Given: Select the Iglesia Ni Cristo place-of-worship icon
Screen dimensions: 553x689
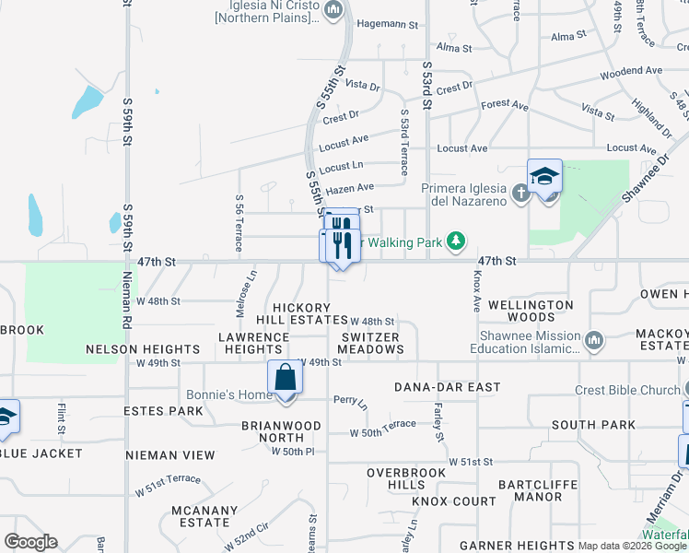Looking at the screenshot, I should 333,11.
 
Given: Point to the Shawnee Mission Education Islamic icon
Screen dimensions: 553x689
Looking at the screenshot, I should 594,341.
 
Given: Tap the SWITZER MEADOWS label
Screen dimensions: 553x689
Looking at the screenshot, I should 370,343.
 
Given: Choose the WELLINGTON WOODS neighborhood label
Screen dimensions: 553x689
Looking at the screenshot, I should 531,311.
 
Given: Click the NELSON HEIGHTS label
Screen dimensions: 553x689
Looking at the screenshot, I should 142,349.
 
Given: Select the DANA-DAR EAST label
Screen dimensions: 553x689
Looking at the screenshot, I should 447,387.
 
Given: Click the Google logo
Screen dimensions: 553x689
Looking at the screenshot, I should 30,542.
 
